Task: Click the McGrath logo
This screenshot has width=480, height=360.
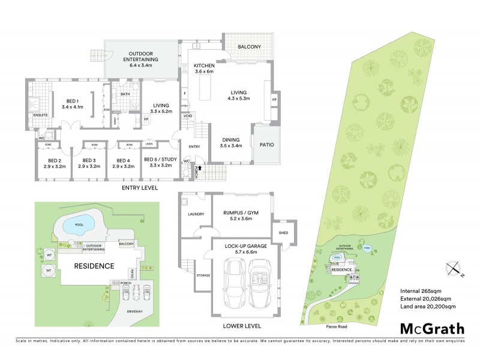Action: point(432,328)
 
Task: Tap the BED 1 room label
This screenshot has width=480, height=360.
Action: point(72,103)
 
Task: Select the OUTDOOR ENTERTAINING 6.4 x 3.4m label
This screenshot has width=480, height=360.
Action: point(141,60)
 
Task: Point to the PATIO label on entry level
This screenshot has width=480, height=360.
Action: point(266,144)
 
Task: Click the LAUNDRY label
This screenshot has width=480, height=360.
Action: point(196,214)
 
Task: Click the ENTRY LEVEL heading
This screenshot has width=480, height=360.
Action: point(139,188)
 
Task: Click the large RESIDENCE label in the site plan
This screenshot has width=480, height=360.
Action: point(94,266)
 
